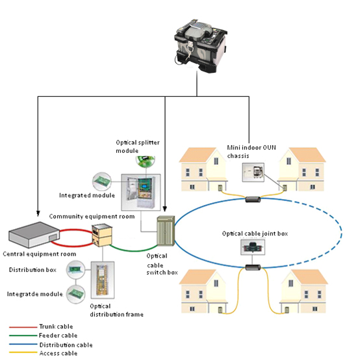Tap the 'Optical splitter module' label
138,146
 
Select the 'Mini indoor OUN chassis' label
251,152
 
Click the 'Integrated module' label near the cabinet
87,195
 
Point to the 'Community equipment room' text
92,217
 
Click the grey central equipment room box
34,235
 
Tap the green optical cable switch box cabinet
166,231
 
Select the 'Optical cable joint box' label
255,234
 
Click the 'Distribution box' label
32,270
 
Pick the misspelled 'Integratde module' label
35,294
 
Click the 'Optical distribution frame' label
116,310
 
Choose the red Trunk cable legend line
23,327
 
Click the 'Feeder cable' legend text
58,336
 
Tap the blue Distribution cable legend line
23,345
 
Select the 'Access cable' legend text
58,353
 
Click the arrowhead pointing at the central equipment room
38,213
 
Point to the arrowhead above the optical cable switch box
165,209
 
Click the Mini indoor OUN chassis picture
253,172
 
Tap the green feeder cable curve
133,250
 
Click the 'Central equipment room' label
40,254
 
